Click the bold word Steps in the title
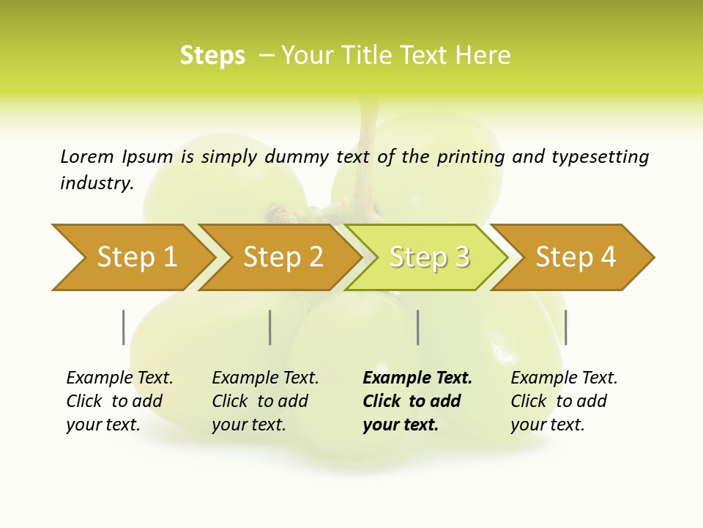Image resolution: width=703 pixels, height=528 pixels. pos(212,56)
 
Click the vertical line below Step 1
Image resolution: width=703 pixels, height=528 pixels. pos(124,327)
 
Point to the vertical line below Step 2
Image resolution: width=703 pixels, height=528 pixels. pos(270,327)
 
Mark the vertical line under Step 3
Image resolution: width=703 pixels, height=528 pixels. pos(417,327)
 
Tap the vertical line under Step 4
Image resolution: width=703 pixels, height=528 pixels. pos(565,327)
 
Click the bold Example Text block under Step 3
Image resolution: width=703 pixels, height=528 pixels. pos(417,401)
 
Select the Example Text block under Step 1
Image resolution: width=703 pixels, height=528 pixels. pos(119,401)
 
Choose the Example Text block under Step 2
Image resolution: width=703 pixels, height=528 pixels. pos(265,401)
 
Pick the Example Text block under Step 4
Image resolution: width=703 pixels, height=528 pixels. pos(564,401)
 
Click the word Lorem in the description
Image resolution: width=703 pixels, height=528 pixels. pos(87,157)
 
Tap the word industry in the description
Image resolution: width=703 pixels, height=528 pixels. pos(97,183)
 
